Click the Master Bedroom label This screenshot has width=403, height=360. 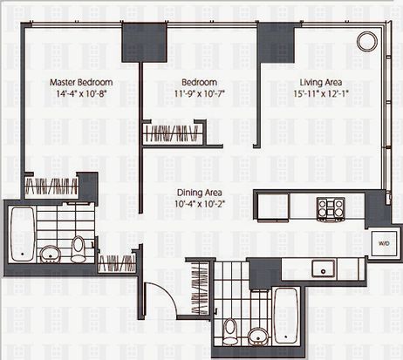[x=81, y=82]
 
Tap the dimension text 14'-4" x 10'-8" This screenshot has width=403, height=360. [x=80, y=94]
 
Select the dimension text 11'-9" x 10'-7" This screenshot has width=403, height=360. [x=200, y=94]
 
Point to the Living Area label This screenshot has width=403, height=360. [x=321, y=83]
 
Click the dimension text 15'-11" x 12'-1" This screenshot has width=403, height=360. [x=321, y=94]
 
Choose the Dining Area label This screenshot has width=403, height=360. [x=200, y=193]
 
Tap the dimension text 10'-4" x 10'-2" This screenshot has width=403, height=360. [x=200, y=204]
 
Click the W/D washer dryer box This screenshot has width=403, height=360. [x=384, y=243]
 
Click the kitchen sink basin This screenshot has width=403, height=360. [x=324, y=268]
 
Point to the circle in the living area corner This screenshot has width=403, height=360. [x=366, y=42]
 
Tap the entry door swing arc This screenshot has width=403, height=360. [x=167, y=294]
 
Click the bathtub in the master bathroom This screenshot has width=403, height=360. [x=23, y=234]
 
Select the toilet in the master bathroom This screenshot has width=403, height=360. [x=78, y=248]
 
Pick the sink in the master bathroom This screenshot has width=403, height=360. [x=50, y=255]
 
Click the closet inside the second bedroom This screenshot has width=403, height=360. [x=173, y=133]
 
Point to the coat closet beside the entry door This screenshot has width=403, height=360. [x=201, y=288]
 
